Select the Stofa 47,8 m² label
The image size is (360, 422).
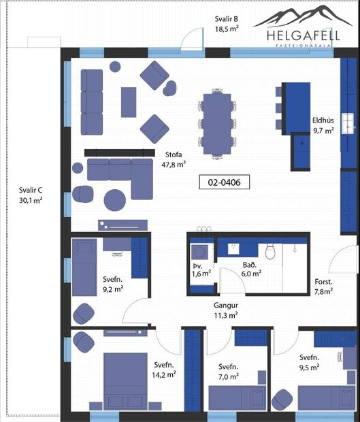coord(175,159)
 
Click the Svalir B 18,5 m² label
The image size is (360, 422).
coord(226,25)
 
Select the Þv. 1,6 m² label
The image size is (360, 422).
coord(201,269)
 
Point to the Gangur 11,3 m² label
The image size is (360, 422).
coord(225,310)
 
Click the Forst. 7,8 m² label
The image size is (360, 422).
coord(323,287)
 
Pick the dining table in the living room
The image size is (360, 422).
coord(218,123)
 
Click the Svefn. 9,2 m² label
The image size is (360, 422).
coord(113,284)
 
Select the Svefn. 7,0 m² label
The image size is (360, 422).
coord(229,371)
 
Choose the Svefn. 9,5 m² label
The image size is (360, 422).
coord(310,362)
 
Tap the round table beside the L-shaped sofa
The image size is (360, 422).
coord(114,200)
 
